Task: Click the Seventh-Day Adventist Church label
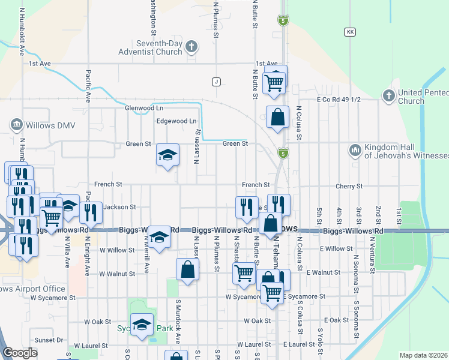(159, 48)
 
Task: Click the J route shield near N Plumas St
(216, 81)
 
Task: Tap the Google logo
(20, 353)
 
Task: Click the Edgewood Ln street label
(176, 121)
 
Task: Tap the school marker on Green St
(167, 155)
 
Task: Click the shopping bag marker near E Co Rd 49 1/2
(277, 118)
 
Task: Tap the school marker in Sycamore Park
(142, 325)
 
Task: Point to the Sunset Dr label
(49, 340)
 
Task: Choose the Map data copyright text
(423, 355)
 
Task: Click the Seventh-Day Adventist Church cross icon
(191, 46)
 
